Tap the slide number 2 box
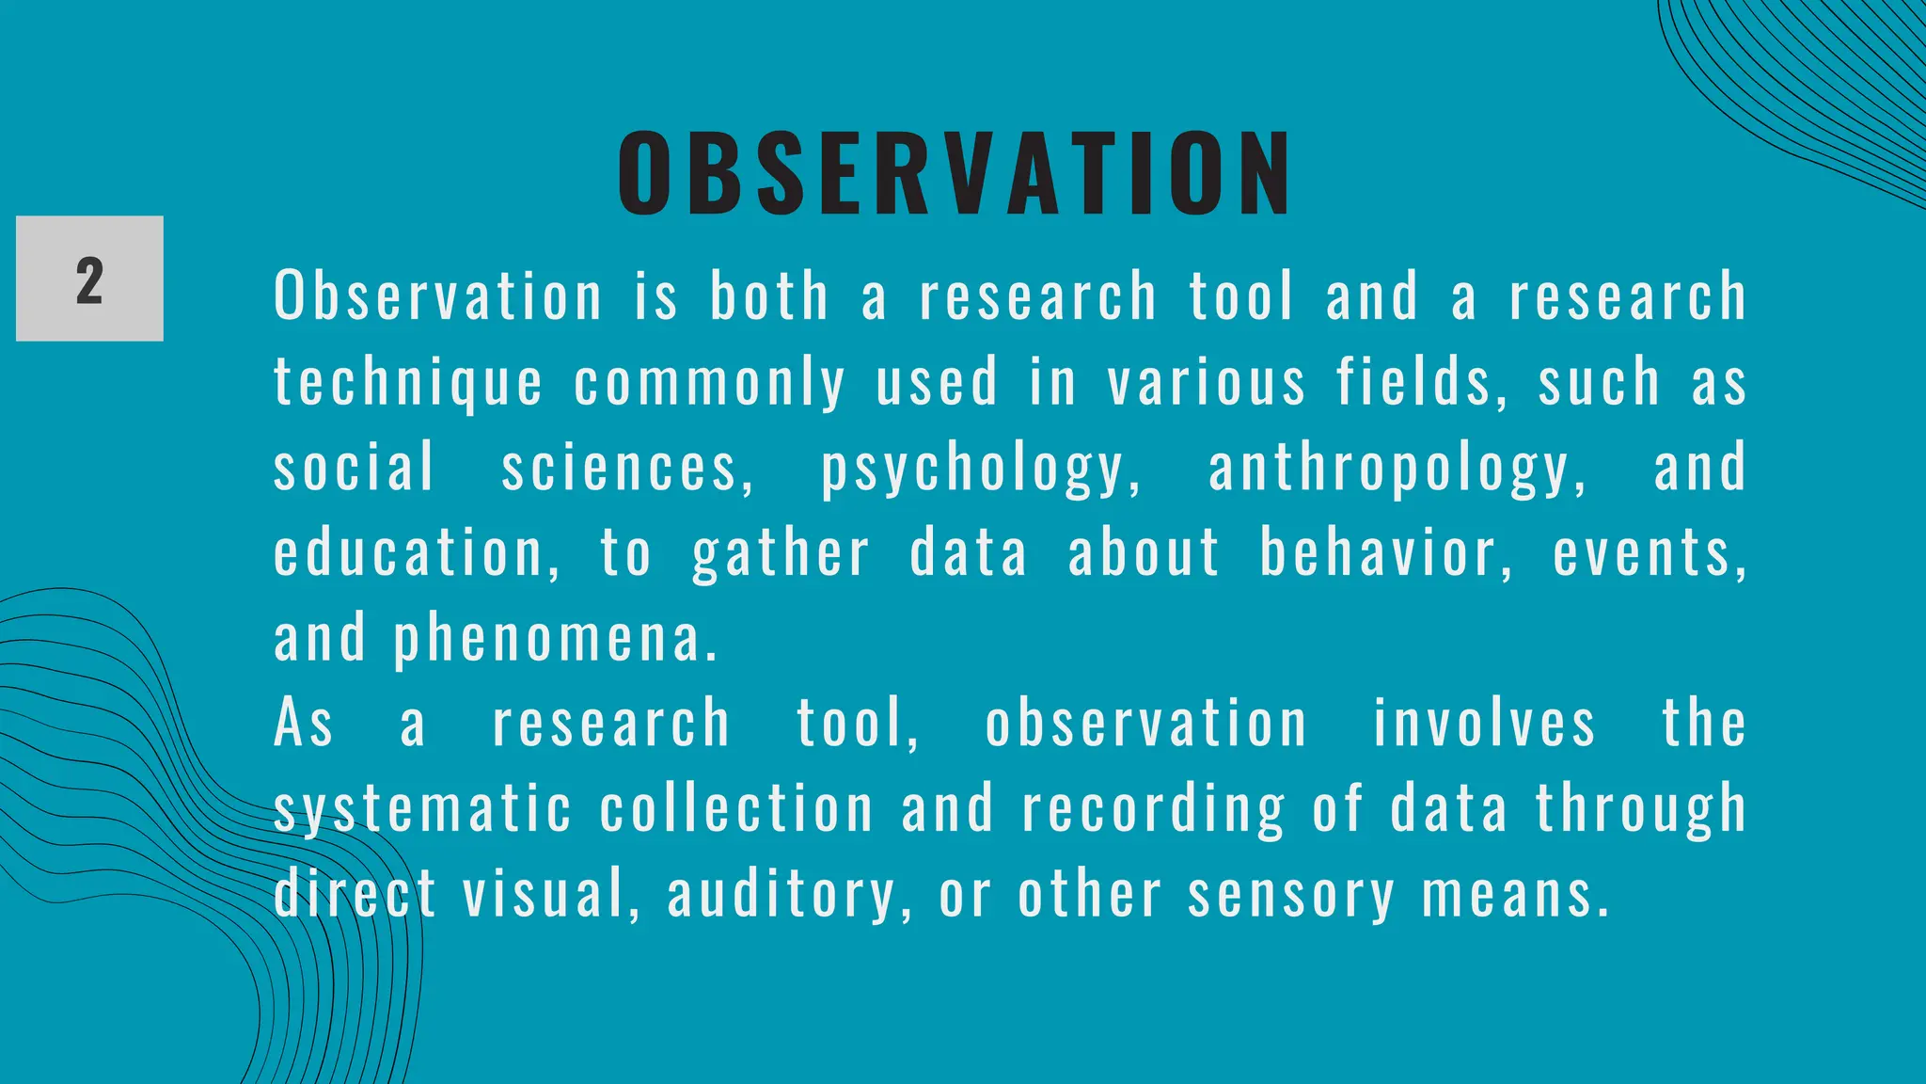pyautogui.click(x=89, y=279)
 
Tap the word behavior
pyautogui.click(x=1386, y=553)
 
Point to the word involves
pyautogui.click(x=1484, y=724)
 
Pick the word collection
pyautogui.click(x=736, y=809)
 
